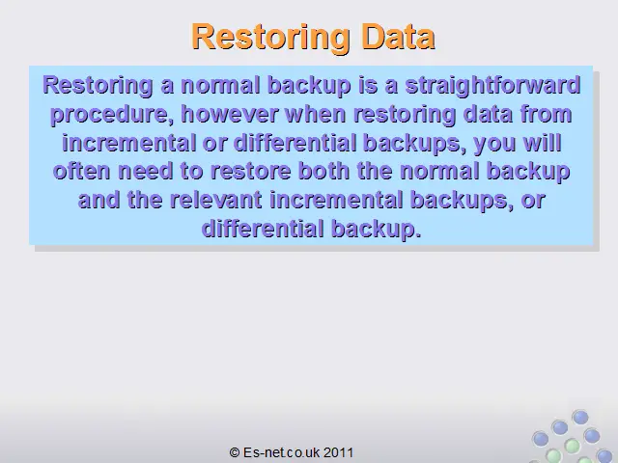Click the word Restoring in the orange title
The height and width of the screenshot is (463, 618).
pos(270,37)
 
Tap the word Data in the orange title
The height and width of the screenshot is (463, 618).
pos(399,36)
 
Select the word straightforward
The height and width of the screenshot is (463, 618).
pos(493,86)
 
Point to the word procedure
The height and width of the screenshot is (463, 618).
pos(112,115)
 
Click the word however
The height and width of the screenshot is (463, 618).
pos(230,114)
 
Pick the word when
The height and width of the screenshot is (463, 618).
pos(316,114)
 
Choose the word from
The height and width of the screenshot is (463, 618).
pos(547,114)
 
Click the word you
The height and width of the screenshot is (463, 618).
pos(494,144)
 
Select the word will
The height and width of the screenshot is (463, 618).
pos(543,143)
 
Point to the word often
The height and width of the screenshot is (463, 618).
pos(81,171)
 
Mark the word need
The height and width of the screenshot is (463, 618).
pos(146,171)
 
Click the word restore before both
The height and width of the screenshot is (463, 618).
pos(250,172)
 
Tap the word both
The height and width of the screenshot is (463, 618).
pos(324,171)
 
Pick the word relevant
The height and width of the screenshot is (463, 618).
pos(216,200)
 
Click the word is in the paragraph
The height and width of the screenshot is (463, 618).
pos(368,86)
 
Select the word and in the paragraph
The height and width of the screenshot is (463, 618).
pos(98,200)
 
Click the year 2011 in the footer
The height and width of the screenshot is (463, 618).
pos(339,452)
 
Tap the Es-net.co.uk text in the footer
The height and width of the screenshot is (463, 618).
pos(281,452)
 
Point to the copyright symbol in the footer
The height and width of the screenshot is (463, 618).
pos(235,452)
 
